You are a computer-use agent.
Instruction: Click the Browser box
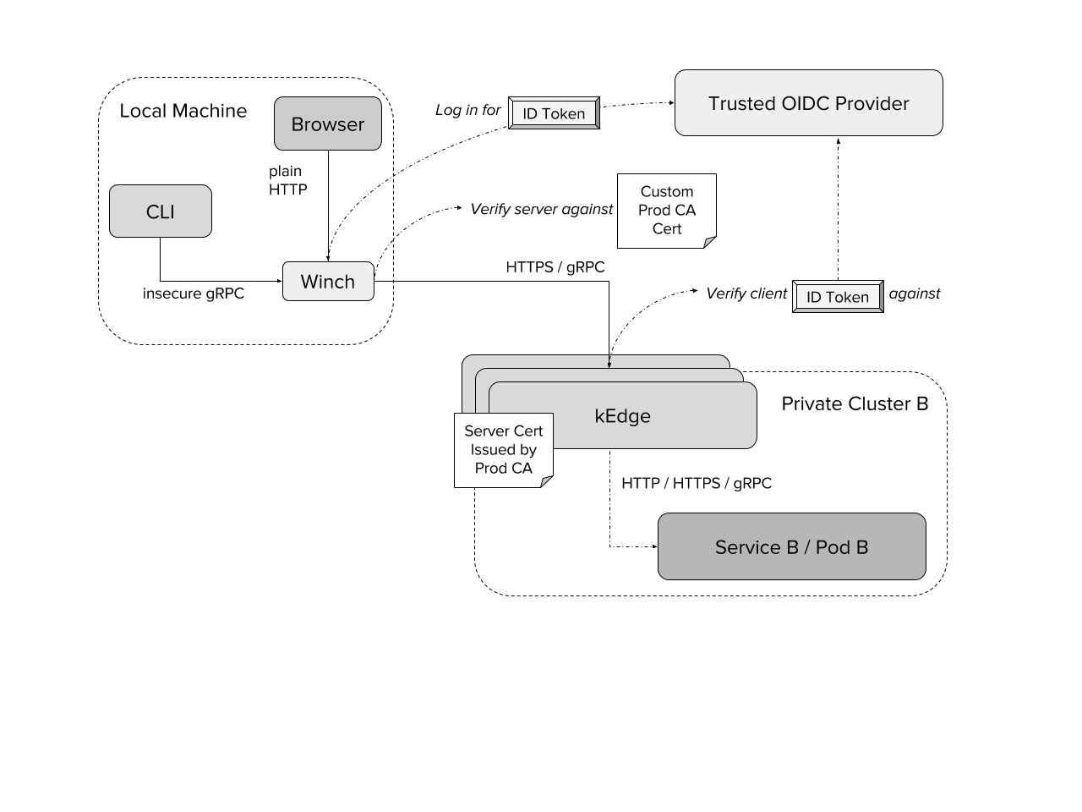pyautogui.click(x=328, y=123)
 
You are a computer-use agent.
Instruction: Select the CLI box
pyautogui.click(x=161, y=211)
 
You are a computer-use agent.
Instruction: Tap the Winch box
pyautogui.click(x=328, y=281)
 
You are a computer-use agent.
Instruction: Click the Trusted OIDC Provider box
pyautogui.click(x=808, y=102)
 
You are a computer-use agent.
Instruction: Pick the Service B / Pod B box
pyautogui.click(x=791, y=546)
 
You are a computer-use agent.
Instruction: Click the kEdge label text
pyautogui.click(x=622, y=415)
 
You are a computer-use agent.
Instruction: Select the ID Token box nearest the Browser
pyautogui.click(x=554, y=113)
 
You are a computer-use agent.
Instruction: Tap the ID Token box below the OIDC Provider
pyautogui.click(x=838, y=297)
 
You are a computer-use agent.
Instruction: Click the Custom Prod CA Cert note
pyautogui.click(x=666, y=210)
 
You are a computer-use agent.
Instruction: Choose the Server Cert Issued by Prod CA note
pyautogui.click(x=503, y=449)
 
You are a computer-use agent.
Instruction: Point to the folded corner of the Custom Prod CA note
pyautogui.click(x=710, y=243)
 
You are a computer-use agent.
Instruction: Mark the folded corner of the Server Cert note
pyautogui.click(x=547, y=482)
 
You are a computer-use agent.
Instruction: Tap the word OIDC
pyautogui.click(x=805, y=103)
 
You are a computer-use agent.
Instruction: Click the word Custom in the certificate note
pyautogui.click(x=666, y=192)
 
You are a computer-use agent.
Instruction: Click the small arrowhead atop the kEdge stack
pyautogui.click(x=609, y=365)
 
